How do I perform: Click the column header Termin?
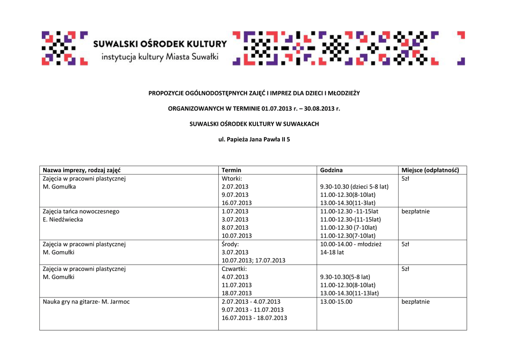tap(231, 170)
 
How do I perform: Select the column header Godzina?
tap(332, 170)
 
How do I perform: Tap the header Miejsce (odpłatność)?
tap(430, 170)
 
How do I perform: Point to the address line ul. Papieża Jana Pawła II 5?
tap(254, 140)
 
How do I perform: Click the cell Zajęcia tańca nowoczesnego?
tap(81, 211)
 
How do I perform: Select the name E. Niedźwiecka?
tap(63, 219)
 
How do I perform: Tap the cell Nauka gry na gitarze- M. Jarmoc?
tap(86, 302)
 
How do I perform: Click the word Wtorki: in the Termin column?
tap(232, 179)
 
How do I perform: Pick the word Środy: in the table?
tap(230, 244)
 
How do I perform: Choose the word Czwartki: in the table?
tap(234, 269)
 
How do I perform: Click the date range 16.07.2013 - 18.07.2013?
tap(254, 318)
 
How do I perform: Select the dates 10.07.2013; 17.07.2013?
tap(254, 261)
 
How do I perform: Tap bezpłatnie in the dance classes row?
tap(416, 211)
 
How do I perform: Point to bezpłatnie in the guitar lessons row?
tap(416, 302)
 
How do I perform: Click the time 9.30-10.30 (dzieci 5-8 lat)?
tap(354, 187)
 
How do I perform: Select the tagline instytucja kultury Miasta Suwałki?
tap(160, 57)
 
